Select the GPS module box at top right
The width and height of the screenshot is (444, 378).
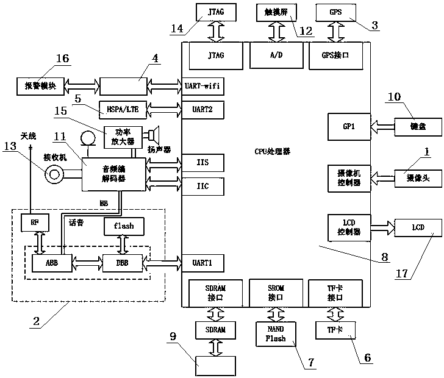click(x=335, y=11)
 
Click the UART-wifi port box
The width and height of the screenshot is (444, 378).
click(x=202, y=86)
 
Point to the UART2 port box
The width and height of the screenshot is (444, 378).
click(x=202, y=110)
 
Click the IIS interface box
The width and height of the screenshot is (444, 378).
click(x=202, y=163)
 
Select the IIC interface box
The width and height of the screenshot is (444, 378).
click(x=202, y=187)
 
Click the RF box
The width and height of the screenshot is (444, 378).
click(x=34, y=223)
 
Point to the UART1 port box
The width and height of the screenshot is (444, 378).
click(x=202, y=263)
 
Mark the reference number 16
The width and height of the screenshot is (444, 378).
click(x=62, y=59)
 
